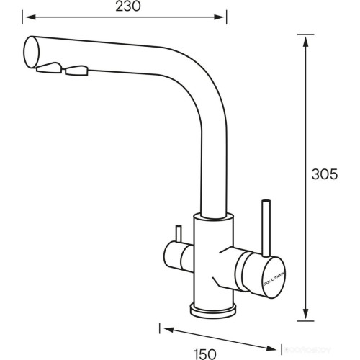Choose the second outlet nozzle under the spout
(x=76, y=71)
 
